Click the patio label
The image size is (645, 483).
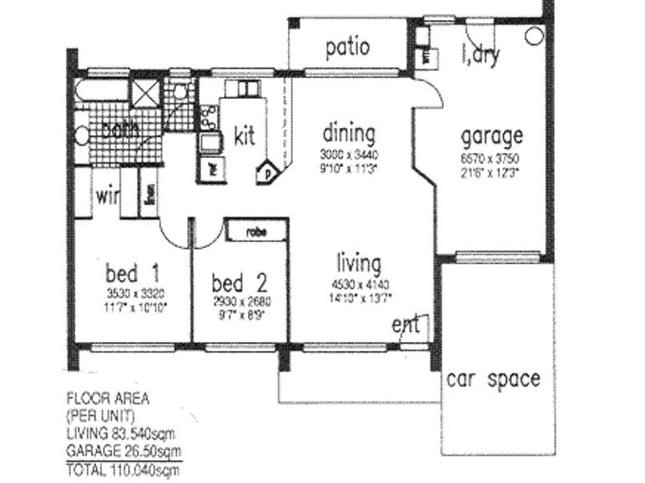(x=348, y=47)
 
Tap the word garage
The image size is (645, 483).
(x=491, y=135)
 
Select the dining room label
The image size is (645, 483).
(x=349, y=132)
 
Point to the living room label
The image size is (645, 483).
(x=359, y=263)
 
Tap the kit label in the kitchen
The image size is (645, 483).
(x=244, y=134)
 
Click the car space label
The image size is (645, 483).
(x=494, y=378)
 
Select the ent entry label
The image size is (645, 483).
(x=406, y=325)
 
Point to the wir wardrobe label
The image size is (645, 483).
(x=106, y=195)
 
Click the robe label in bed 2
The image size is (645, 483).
(x=256, y=231)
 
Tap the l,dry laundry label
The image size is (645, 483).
(x=481, y=56)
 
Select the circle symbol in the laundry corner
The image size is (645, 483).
(x=533, y=36)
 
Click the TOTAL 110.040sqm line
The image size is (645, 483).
(x=123, y=465)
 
